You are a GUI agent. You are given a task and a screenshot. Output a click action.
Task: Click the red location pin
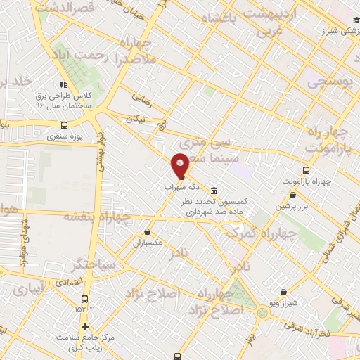(180, 165)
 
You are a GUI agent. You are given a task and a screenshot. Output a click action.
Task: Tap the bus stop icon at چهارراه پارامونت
(306, 170)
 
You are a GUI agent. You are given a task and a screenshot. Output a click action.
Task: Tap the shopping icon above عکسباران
(147, 231)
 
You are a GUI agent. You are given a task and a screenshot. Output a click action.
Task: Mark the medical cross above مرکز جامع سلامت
(86, 326)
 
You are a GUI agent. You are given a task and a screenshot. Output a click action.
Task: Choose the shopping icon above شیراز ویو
(283, 292)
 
